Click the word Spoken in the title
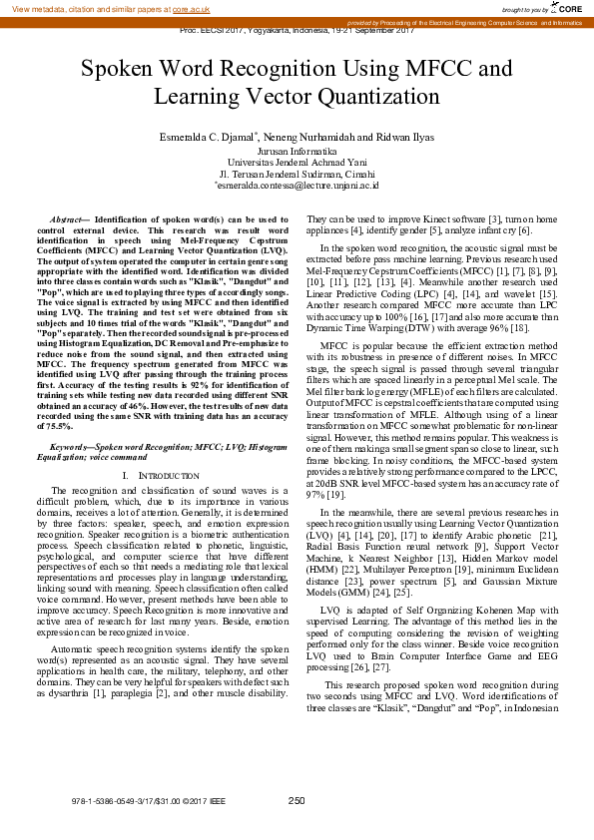pyautogui.click(x=119, y=70)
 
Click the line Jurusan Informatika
pyautogui.click(x=297, y=150)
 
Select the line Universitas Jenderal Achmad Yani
pyautogui.click(x=297, y=161)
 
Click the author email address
pyautogui.click(x=297, y=185)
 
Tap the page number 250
pyautogui.click(x=297, y=800)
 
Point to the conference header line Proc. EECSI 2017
pyautogui.click(x=297, y=31)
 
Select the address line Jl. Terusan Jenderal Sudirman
pyautogui.click(x=297, y=173)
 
